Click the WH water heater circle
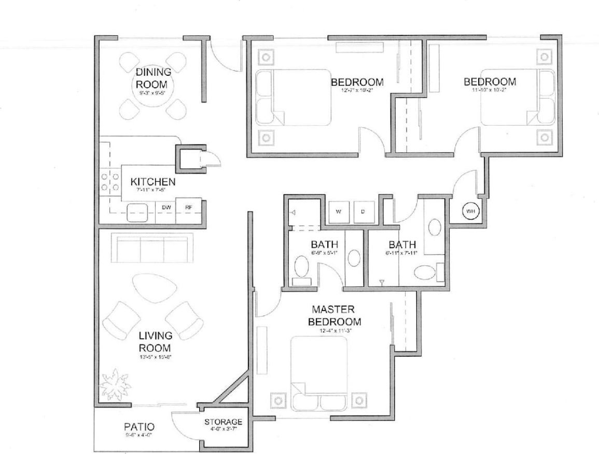click(470, 211)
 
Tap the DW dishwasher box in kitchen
click(166, 207)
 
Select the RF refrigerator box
click(188, 207)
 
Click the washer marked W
click(339, 211)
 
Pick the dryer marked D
click(363, 211)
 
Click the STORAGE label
click(223, 421)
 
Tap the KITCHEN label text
click(152, 182)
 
